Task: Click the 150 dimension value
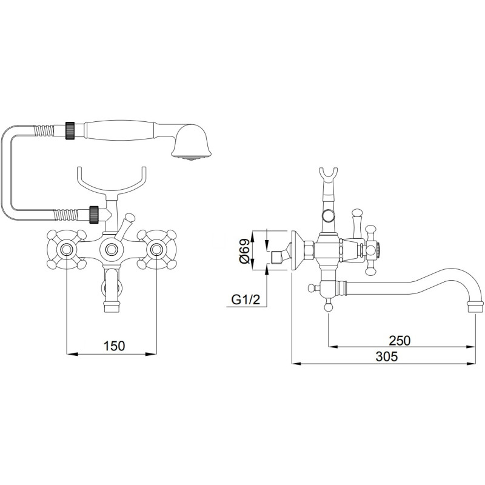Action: (114, 346)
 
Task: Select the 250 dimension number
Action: (400, 340)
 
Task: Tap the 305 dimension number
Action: (387, 356)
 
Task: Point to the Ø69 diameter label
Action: (244, 250)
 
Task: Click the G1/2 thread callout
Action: (246, 299)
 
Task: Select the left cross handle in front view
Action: (67, 249)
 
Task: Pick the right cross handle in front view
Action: (157, 249)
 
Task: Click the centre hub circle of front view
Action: (112, 249)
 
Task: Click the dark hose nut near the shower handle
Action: (70, 130)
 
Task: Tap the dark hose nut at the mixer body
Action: (94, 214)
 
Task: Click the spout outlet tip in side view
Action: (475, 307)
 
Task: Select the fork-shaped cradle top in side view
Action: (328, 176)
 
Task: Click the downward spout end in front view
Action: (112, 307)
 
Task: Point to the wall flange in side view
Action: (295, 251)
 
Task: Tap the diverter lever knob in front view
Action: (129, 218)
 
